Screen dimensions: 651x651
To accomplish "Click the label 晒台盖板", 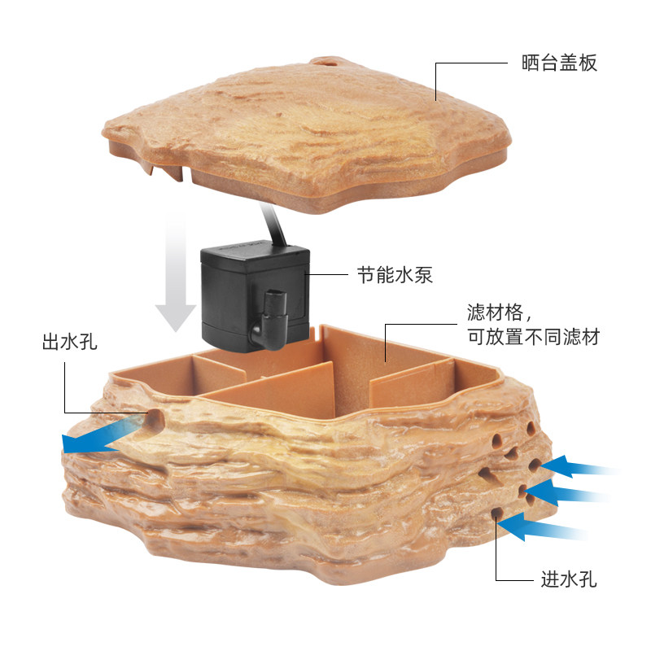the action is coord(559,63).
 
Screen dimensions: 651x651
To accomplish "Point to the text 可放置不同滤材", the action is coord(533,337).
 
